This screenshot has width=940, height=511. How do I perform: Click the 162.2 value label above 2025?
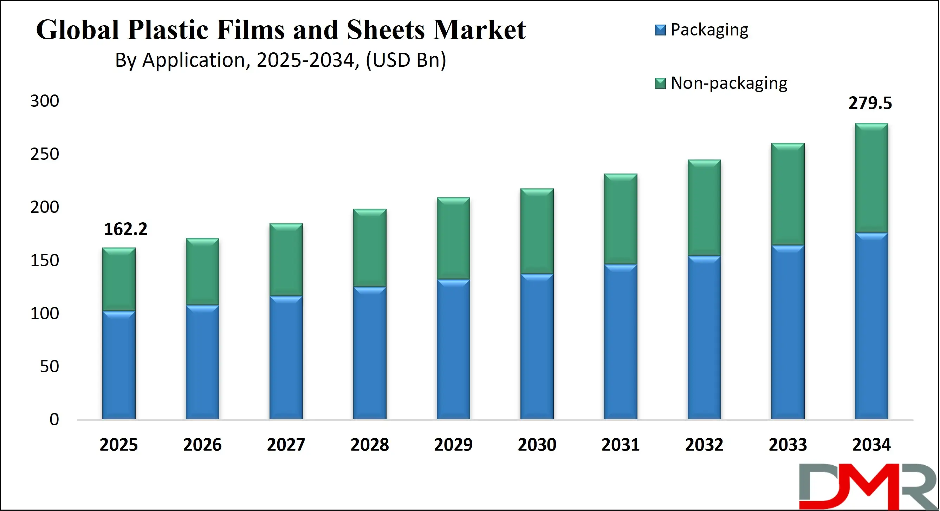click(x=125, y=229)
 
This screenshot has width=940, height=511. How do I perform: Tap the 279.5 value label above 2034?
click(x=870, y=103)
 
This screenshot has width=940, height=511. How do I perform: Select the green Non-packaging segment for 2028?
click(x=370, y=248)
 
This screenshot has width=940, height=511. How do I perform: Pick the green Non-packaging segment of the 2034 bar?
click(x=871, y=178)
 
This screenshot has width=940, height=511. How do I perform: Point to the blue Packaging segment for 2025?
click(x=118, y=365)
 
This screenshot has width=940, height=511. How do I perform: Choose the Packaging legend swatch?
click(x=660, y=30)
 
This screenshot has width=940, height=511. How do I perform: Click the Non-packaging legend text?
click(x=729, y=83)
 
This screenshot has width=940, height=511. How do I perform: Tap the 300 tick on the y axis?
click(x=45, y=101)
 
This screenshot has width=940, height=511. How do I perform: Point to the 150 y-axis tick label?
click(x=45, y=261)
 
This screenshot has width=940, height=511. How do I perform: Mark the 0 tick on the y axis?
click(x=54, y=419)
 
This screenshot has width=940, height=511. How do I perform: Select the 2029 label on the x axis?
click(x=453, y=445)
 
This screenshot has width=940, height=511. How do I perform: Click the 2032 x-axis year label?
click(x=704, y=445)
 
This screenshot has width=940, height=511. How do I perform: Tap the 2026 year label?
click(x=202, y=445)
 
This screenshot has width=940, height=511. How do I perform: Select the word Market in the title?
click(x=479, y=30)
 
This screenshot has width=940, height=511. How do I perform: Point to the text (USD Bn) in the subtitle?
click(x=406, y=60)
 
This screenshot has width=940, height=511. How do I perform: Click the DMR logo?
click(x=868, y=486)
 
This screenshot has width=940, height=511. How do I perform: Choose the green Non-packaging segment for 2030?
click(x=537, y=231)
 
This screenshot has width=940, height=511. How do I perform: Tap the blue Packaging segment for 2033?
click(x=787, y=332)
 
